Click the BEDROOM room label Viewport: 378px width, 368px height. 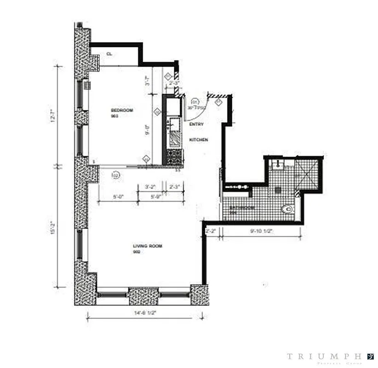pyautogui.click(x=122, y=110)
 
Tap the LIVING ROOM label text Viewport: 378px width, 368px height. pyautogui.click(x=147, y=246)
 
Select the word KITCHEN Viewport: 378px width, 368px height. pyautogui.click(x=200, y=139)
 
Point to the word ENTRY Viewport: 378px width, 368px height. pyautogui.click(x=196, y=124)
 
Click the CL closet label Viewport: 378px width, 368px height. pyautogui.click(x=109, y=54)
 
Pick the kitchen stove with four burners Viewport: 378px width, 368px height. pyautogui.click(x=175, y=157)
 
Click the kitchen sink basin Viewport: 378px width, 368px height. pyautogui.click(x=175, y=124)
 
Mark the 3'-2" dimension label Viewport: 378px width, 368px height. pyautogui.click(x=150, y=187)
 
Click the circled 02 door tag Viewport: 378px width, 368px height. pyautogui.click(x=115, y=175)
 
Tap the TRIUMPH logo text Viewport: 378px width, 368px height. pyautogui.click(x=324, y=356)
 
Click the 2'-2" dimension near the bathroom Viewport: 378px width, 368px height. pyautogui.click(x=211, y=231)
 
